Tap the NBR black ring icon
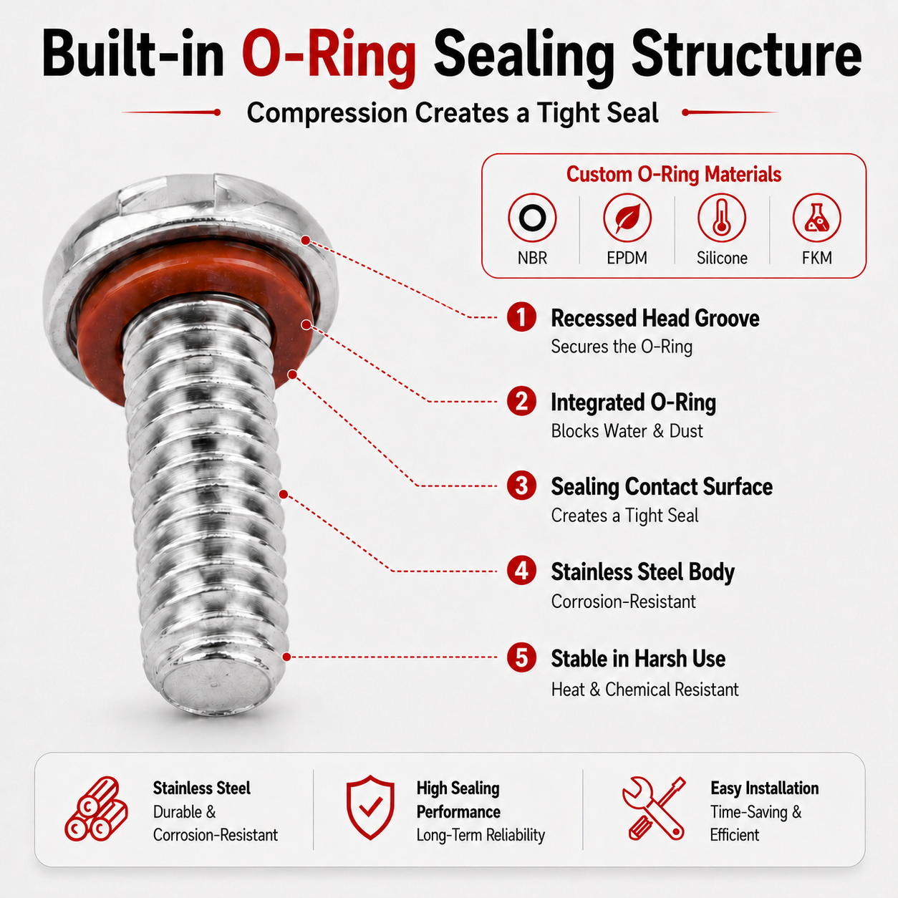[532, 218]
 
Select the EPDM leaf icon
[627, 218]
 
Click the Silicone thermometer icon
[721, 218]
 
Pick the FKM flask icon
[816, 218]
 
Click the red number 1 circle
[521, 317]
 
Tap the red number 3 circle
[521, 486]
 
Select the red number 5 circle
[521, 657]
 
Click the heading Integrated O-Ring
[633, 402]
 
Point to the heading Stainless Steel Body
[642, 571]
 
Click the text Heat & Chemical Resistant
[645, 689]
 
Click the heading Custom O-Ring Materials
[674, 174]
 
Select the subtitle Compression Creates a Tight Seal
[453, 112]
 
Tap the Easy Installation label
[764, 788]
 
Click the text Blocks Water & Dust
[627, 431]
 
